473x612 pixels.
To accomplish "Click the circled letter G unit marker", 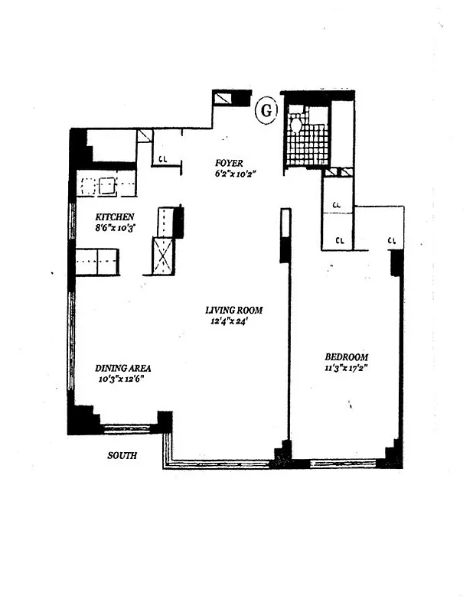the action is [266, 110].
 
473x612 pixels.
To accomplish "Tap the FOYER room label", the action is [229, 163].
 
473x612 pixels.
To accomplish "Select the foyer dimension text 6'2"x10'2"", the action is [235, 174].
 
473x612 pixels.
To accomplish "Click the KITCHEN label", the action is [115, 217].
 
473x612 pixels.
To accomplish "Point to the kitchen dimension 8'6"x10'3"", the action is [115, 228].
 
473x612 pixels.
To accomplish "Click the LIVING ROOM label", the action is [234, 311].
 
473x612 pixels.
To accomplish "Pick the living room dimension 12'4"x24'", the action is [230, 321].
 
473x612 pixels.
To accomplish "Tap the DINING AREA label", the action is [123, 368].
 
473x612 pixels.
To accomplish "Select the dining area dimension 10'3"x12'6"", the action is [121, 379].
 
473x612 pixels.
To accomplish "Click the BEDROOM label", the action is [347, 356].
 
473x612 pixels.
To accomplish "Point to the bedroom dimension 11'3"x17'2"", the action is [347, 368].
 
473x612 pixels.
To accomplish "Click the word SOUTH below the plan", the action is [122, 455].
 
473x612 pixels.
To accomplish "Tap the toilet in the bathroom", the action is [296, 125].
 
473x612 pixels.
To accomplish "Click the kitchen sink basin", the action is [107, 186].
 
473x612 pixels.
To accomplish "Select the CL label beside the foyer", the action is [162, 159].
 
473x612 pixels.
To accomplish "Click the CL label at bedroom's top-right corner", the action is [392, 241].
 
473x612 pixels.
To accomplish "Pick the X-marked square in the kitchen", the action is [162, 256].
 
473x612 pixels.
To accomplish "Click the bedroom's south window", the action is [343, 464].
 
